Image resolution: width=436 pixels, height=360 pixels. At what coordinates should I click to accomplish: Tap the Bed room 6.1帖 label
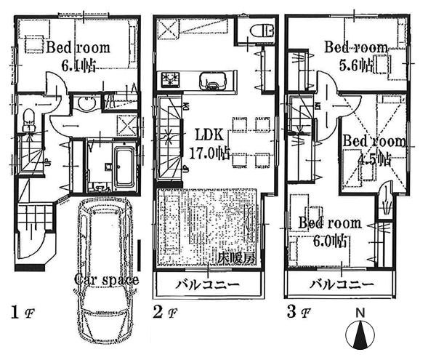click(x=78, y=55)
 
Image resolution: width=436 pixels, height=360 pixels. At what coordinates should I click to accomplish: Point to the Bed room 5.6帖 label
click(x=355, y=55)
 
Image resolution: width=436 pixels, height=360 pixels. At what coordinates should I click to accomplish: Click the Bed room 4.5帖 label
click(x=374, y=148)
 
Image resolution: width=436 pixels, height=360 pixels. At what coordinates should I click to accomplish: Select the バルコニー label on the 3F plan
click(x=342, y=284)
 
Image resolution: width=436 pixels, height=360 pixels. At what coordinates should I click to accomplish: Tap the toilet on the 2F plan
click(x=259, y=31)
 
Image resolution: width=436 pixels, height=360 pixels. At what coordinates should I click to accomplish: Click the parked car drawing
click(x=105, y=269)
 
